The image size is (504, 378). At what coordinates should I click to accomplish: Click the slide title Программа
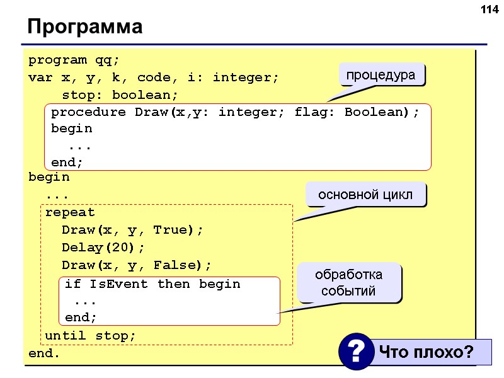84,28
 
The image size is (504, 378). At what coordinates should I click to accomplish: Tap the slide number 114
488,9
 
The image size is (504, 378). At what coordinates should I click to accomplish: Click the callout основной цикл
365,195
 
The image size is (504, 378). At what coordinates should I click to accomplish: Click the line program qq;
74,60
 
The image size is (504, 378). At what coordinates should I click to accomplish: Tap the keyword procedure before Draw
88,112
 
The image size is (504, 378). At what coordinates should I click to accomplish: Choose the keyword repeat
70,212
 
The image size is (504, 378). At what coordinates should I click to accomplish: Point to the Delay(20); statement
103,247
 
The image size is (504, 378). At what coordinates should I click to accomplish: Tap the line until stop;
90,335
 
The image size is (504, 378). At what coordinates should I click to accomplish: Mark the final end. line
44,353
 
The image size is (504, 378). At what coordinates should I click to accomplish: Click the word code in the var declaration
154,78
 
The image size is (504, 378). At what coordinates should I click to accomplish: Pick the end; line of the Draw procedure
67,162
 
